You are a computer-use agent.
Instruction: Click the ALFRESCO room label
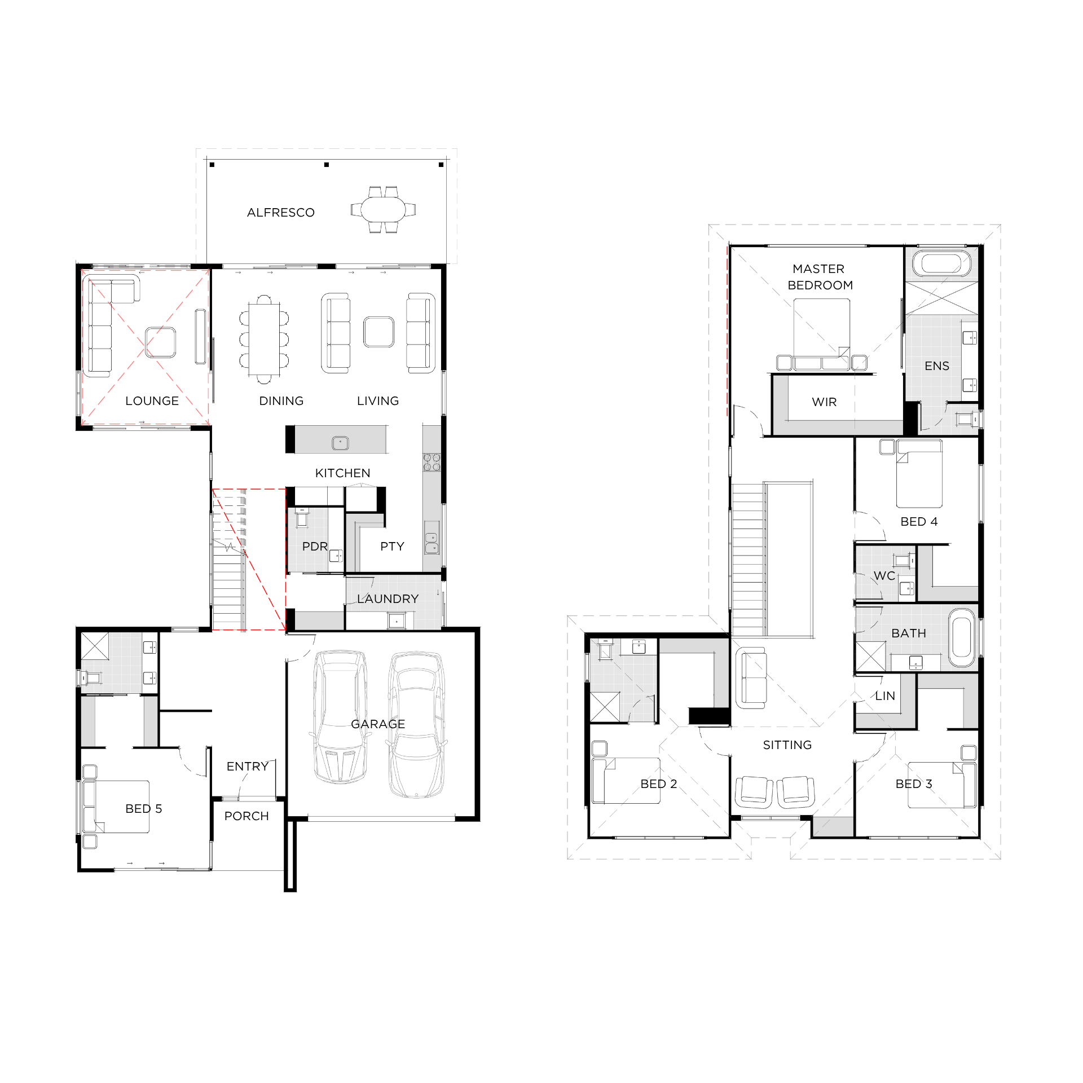281,213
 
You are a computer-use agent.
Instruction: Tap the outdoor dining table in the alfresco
383,209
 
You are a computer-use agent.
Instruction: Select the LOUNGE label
152,401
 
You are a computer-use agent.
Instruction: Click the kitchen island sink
340,443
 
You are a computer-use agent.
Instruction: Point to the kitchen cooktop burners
432,463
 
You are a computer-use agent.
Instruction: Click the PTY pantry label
392,547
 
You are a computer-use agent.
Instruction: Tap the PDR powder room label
315,547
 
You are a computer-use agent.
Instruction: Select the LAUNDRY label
388,599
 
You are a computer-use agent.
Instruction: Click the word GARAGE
378,724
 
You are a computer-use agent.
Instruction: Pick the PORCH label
246,816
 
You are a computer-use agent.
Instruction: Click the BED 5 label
144,809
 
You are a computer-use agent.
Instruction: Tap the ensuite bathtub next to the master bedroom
942,264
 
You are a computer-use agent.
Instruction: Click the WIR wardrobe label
824,402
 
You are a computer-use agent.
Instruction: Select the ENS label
937,366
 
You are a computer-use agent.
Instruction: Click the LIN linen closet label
885,696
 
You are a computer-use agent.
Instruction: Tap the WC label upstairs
884,576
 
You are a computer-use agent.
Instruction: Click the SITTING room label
787,745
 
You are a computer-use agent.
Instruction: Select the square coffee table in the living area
378,332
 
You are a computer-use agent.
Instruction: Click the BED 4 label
919,522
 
